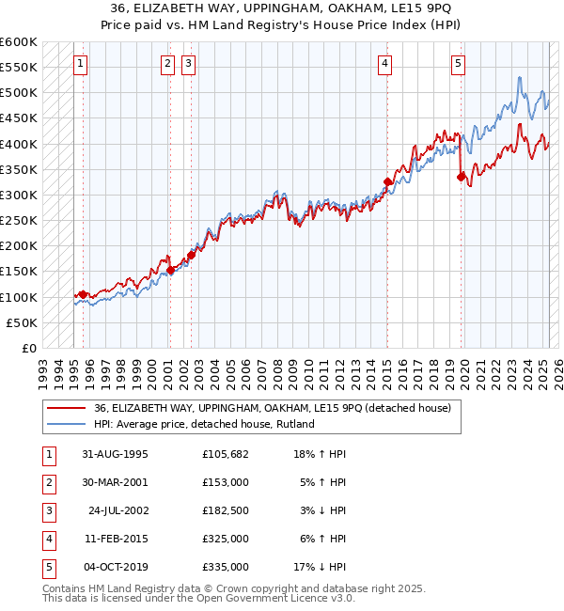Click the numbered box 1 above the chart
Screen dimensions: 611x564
coord(80,64)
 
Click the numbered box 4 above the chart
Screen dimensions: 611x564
coord(385,64)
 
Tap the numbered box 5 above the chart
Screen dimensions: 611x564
coord(458,64)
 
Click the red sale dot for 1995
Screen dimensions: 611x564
coord(83,294)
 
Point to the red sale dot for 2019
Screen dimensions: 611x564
coord(461,177)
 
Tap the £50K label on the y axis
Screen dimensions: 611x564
coord(23,322)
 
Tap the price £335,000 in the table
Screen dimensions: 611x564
coord(226,567)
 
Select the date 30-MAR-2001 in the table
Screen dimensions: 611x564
coord(116,482)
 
